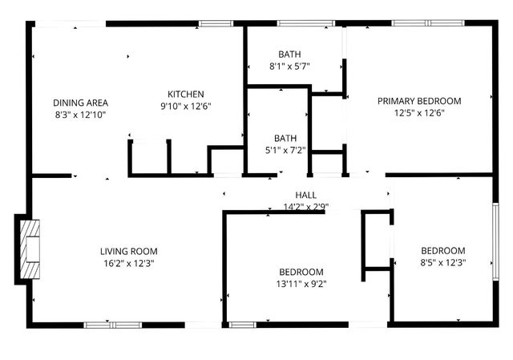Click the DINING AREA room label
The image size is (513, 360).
coord(80,103)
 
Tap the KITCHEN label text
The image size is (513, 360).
coord(185,94)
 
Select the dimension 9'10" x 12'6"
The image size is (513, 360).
coord(185,106)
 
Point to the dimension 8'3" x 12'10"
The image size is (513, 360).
coord(80,115)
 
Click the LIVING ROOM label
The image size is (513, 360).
coord(128,250)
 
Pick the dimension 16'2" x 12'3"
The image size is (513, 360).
coord(128,262)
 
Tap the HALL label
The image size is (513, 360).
coord(305,195)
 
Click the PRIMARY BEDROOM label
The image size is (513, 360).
coord(419,101)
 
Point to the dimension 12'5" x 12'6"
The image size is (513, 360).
coord(419,113)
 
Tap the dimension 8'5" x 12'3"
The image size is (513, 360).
coord(442,262)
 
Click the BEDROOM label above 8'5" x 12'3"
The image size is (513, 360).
coord(442,250)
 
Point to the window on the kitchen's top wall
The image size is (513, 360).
coord(216,24)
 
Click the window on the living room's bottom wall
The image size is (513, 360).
coord(112,325)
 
